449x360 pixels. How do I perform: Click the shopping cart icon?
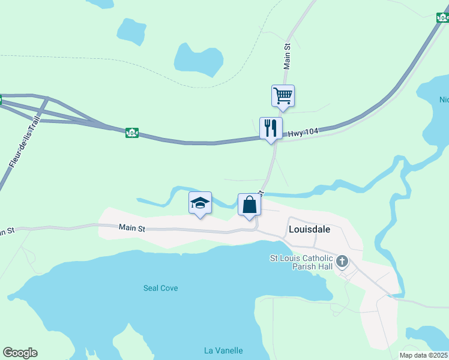tap(283, 95)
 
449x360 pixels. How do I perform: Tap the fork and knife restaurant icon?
tap(271, 128)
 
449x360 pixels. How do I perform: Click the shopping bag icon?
tap(249, 205)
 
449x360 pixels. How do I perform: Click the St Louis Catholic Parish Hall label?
tap(301, 262)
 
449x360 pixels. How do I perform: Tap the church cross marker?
tap(342, 261)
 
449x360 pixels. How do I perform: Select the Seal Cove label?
tap(160, 288)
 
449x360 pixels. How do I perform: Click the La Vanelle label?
tap(223, 350)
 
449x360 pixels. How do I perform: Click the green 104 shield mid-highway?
tap(132, 133)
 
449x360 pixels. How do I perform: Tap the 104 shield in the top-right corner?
tap(442, 17)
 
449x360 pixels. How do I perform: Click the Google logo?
tap(20, 353)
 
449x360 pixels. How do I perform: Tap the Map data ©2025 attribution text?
tap(423, 355)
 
